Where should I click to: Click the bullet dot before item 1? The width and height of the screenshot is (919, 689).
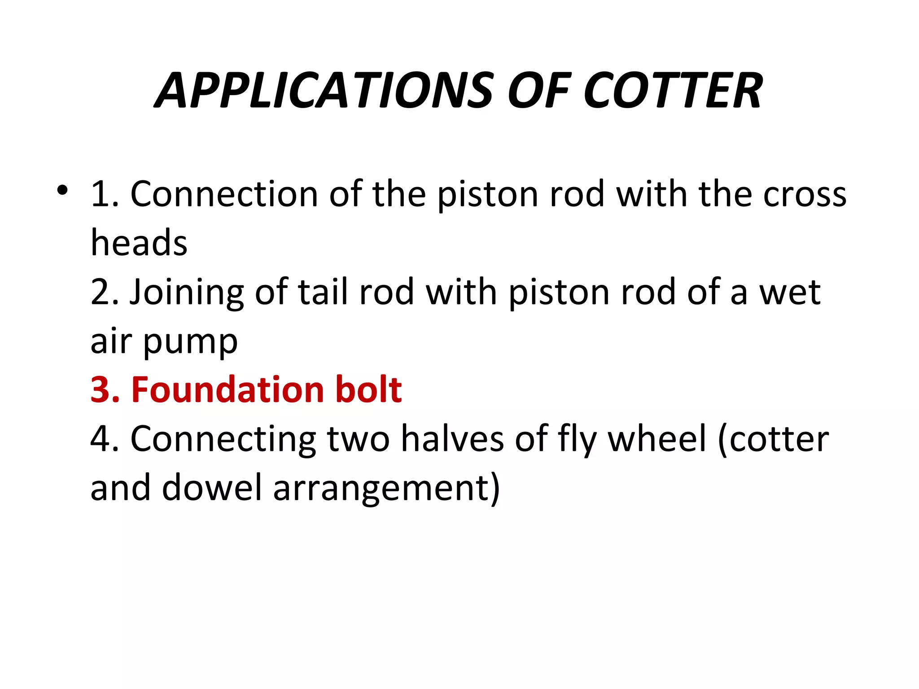(x=62, y=190)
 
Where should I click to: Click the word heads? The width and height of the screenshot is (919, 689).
(x=139, y=243)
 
